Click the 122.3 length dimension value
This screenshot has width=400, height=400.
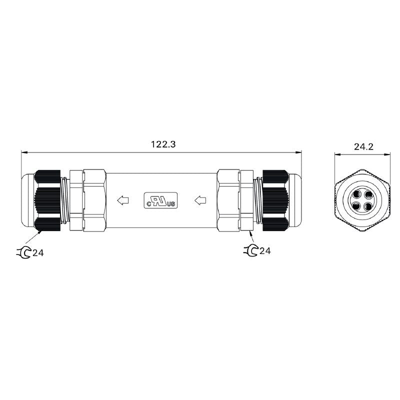pyautogui.click(x=163, y=144)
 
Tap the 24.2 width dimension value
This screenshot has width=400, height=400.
pyautogui.click(x=364, y=146)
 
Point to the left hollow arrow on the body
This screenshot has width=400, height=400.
pyautogui.click(x=122, y=201)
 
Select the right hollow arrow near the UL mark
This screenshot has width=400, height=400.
pyautogui.click(x=200, y=201)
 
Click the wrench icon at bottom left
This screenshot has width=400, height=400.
pyautogui.click(x=23, y=252)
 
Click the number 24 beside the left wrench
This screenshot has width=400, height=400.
pyautogui.click(x=38, y=253)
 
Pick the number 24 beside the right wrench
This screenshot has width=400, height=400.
pyautogui.click(x=265, y=251)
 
